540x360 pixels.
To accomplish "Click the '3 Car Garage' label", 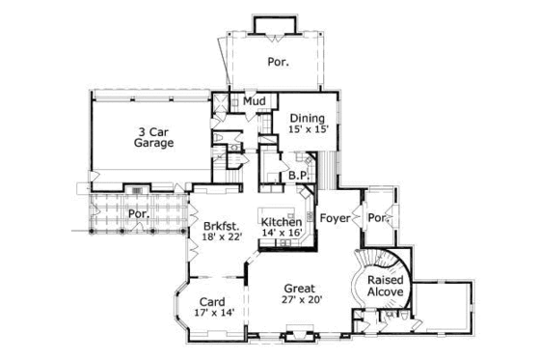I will tap(153, 136).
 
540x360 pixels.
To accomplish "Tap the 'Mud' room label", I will tap(254, 100).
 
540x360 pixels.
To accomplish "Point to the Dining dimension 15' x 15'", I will tap(309, 132).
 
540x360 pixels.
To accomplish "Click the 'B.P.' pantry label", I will tap(298, 176).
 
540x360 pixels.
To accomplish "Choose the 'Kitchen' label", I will tap(282, 221).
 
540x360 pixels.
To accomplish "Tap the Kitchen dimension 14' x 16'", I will tap(282, 233).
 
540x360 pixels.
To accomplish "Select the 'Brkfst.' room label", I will tap(221, 229).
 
